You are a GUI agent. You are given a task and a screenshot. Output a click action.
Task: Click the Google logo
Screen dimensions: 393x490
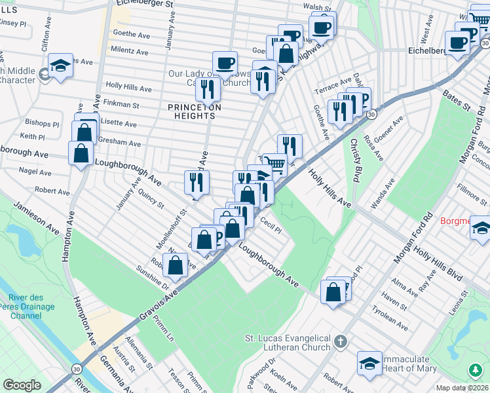[22, 385]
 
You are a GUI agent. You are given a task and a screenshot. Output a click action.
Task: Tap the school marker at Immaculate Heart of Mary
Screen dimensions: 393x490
[369, 365]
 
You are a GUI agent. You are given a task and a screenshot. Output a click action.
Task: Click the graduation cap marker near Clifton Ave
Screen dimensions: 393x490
[61, 66]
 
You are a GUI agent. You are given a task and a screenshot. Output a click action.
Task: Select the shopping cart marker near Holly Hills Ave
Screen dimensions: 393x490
[275, 164]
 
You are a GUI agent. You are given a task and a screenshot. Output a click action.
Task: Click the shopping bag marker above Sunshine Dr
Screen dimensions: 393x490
[175, 265]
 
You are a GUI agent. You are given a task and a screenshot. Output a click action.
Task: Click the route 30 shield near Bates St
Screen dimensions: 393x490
[371, 114]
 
